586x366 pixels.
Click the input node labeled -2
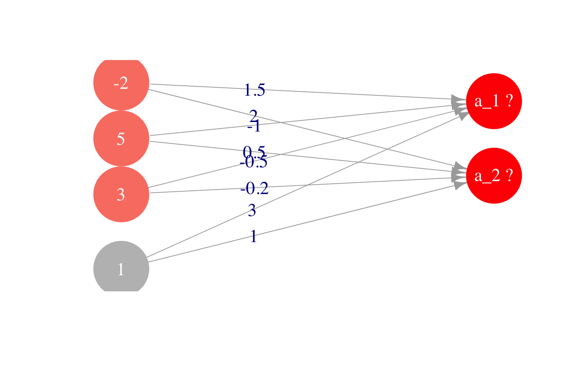click(121, 83)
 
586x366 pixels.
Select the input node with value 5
click(121, 139)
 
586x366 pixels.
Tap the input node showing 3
click(121, 194)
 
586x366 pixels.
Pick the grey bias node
click(121, 269)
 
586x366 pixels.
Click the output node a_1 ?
click(494, 101)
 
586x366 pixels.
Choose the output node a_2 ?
click(494, 176)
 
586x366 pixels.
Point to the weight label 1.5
click(254, 90)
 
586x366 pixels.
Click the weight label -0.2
click(254, 188)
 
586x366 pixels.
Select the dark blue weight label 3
click(252, 210)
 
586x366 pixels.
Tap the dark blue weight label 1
click(253, 237)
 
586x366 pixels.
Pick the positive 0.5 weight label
click(254, 151)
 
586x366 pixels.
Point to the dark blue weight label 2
click(253, 115)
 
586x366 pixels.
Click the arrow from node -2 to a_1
click(343, 94)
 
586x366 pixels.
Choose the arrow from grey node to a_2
click(343, 212)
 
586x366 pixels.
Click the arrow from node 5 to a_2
click(382, 165)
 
